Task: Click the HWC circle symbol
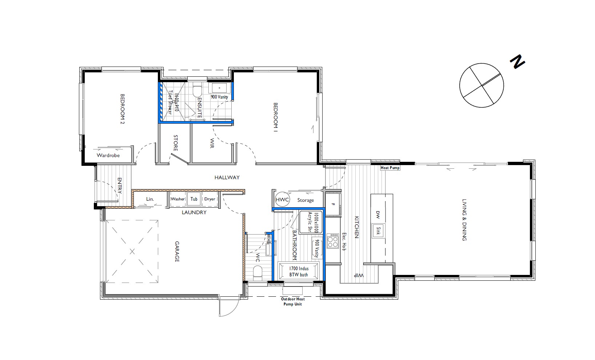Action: pos(282,200)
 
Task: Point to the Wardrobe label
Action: pos(108,155)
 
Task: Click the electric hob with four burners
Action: pos(332,241)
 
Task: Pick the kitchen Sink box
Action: pos(378,231)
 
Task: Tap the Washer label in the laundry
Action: pos(178,199)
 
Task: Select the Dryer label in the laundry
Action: pos(210,199)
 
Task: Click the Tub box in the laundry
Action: pos(194,199)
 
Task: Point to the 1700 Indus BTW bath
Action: pos(299,272)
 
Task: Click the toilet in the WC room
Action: pos(257,272)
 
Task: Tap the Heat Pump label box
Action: pos(390,168)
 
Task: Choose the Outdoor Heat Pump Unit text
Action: pos(293,301)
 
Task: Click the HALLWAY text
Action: pos(227,177)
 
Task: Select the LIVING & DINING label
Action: pos(464,220)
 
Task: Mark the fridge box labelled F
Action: pos(333,204)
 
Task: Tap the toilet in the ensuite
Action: pos(197,90)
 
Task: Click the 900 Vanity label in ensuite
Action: pos(219,97)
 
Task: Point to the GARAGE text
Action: pos(177,251)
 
